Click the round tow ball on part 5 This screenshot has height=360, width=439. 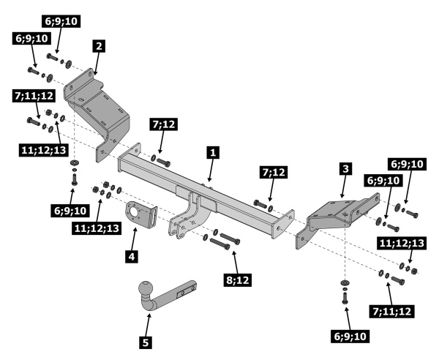tap(144, 296)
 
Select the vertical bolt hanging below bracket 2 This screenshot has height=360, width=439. tap(73, 176)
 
